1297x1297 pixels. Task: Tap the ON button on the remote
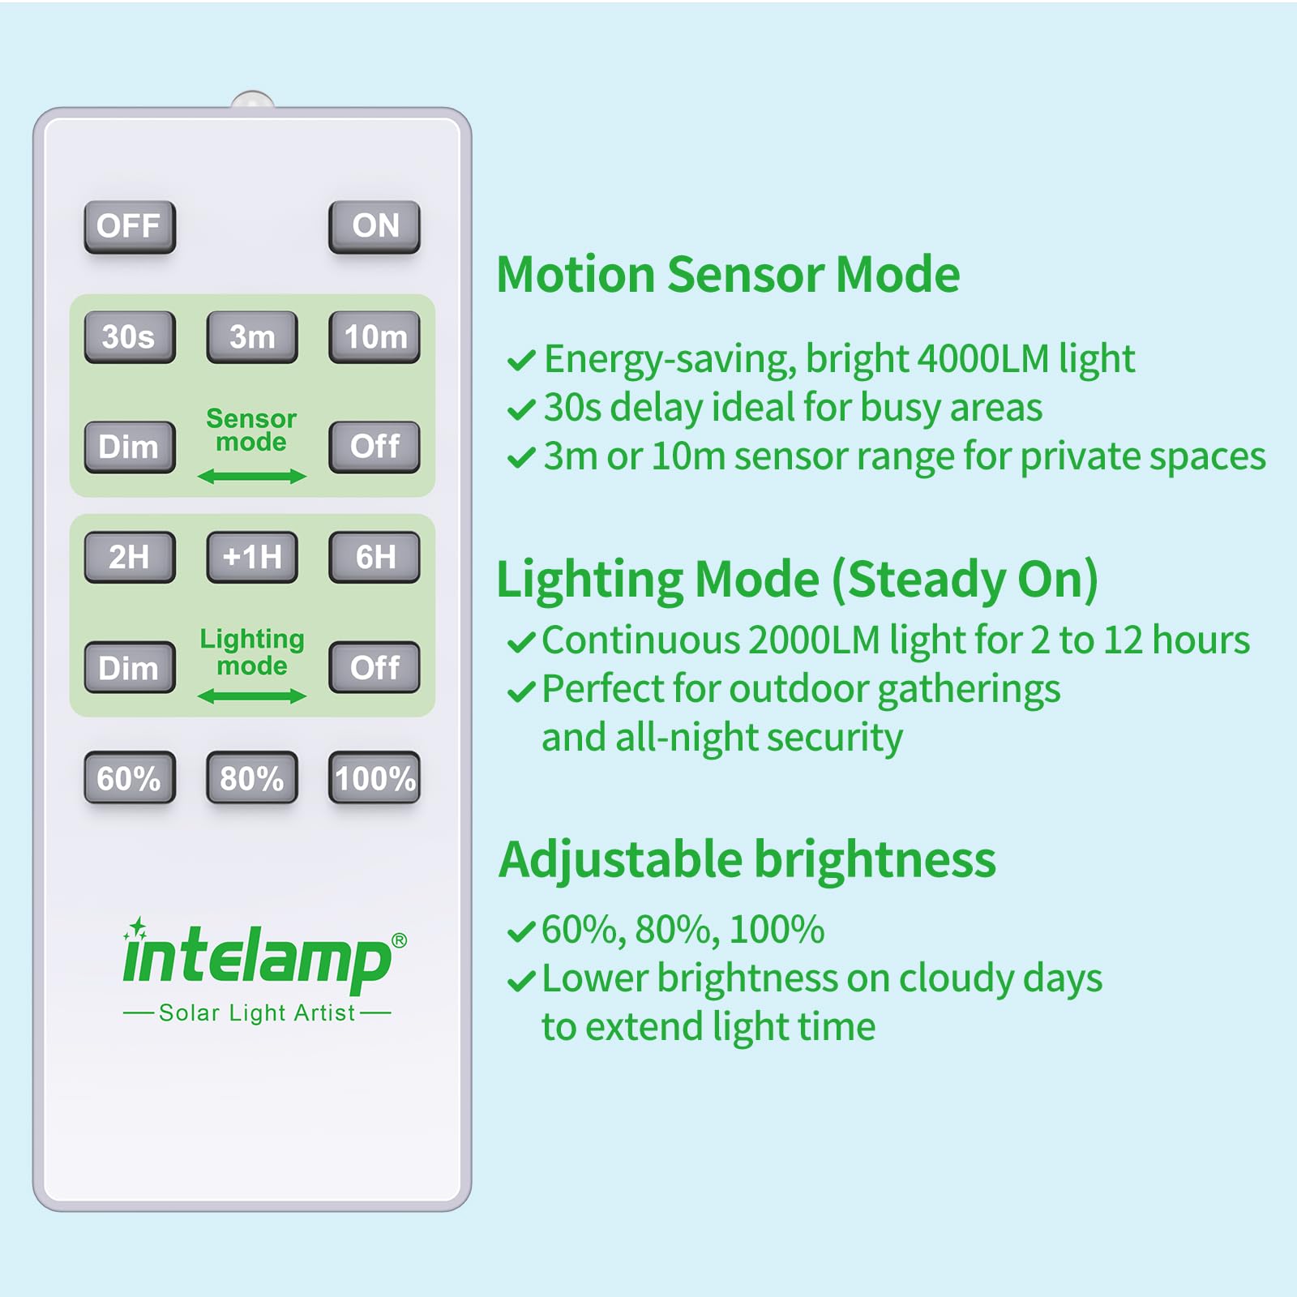[375, 226]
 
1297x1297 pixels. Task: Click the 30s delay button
[130, 336]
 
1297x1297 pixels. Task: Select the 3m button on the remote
[252, 336]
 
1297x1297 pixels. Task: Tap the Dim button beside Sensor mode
[130, 447]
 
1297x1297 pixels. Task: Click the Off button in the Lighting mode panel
[375, 668]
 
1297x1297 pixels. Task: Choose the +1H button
[252, 557]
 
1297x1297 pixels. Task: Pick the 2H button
[130, 557]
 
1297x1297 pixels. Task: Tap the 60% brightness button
[130, 778]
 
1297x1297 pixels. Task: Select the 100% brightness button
[375, 778]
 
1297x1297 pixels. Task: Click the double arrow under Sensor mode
[252, 477]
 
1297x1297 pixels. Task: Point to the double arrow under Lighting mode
[252, 696]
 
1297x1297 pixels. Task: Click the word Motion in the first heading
[576, 274]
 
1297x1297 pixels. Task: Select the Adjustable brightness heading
[747, 859]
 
